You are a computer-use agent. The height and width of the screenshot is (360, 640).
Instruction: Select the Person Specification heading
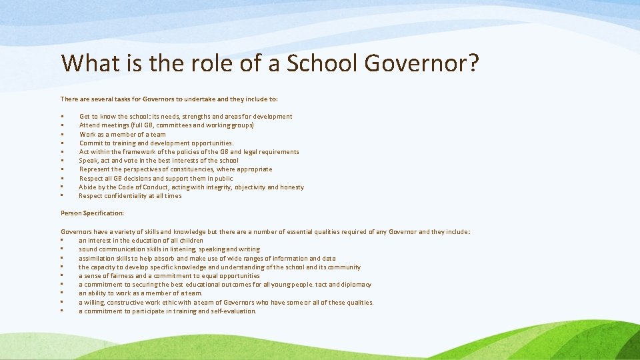tap(92, 213)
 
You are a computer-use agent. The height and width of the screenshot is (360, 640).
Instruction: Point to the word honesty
tap(291, 187)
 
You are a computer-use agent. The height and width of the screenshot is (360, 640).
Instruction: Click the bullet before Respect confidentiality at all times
tap(61, 197)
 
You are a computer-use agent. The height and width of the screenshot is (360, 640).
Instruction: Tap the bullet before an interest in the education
tap(61, 241)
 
